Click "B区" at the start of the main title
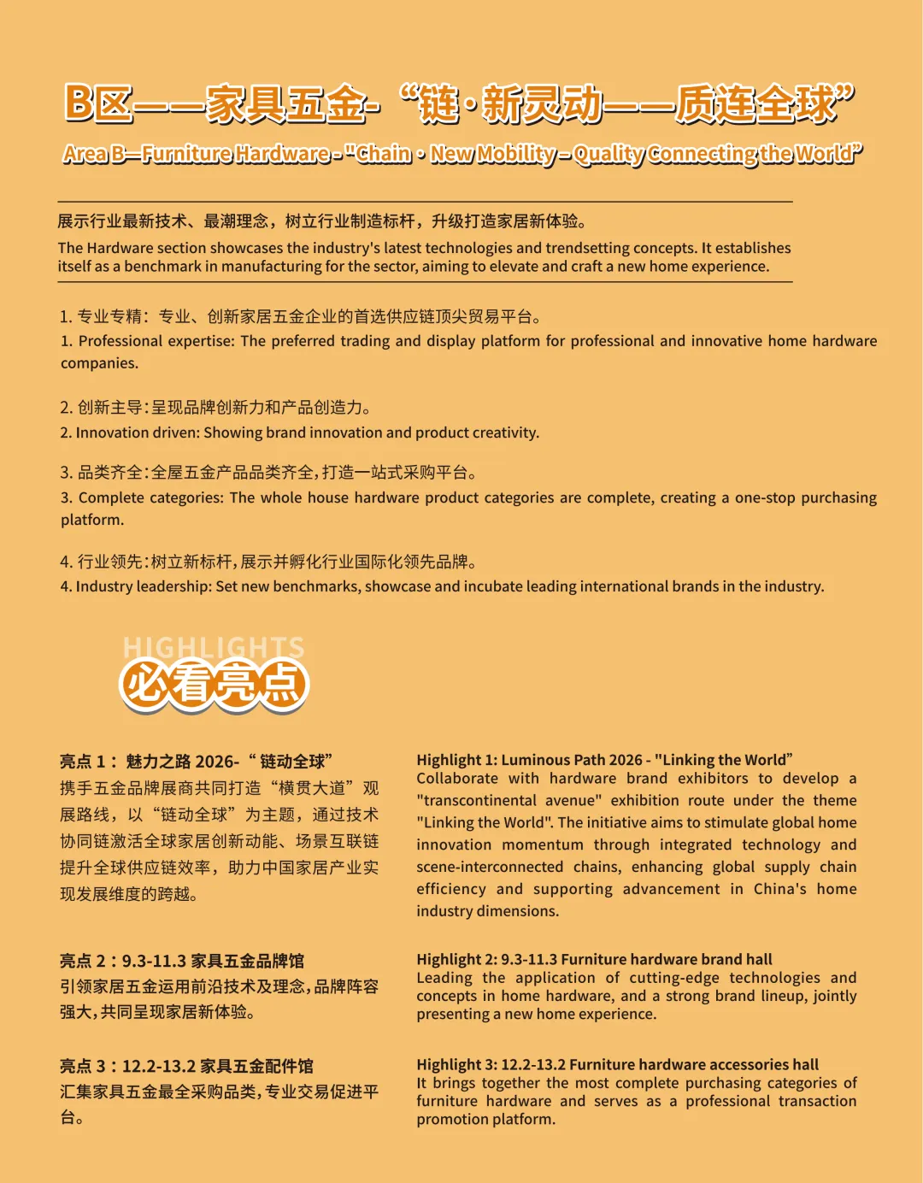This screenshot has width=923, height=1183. [x=98, y=103]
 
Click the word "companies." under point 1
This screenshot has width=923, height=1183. [x=99, y=363]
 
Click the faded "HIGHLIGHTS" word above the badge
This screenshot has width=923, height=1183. [x=214, y=647]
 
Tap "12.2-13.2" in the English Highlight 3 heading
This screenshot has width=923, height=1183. [x=532, y=1065]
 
